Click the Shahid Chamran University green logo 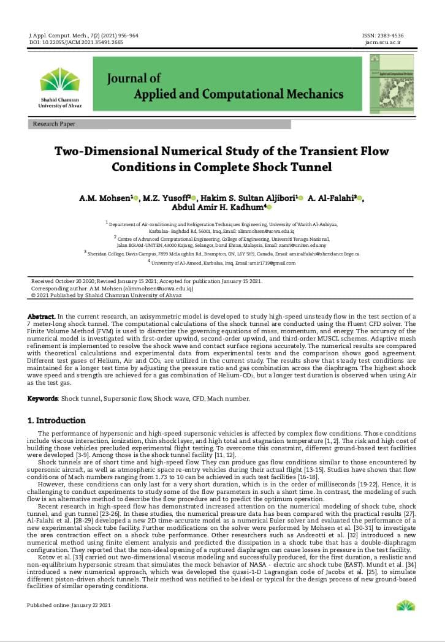tap(59, 80)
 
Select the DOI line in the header tap(75, 43)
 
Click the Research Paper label tap(54, 124)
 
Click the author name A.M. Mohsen tap(105, 198)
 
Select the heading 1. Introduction tap(56, 421)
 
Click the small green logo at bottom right tap(405, 605)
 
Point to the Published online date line tap(69, 605)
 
